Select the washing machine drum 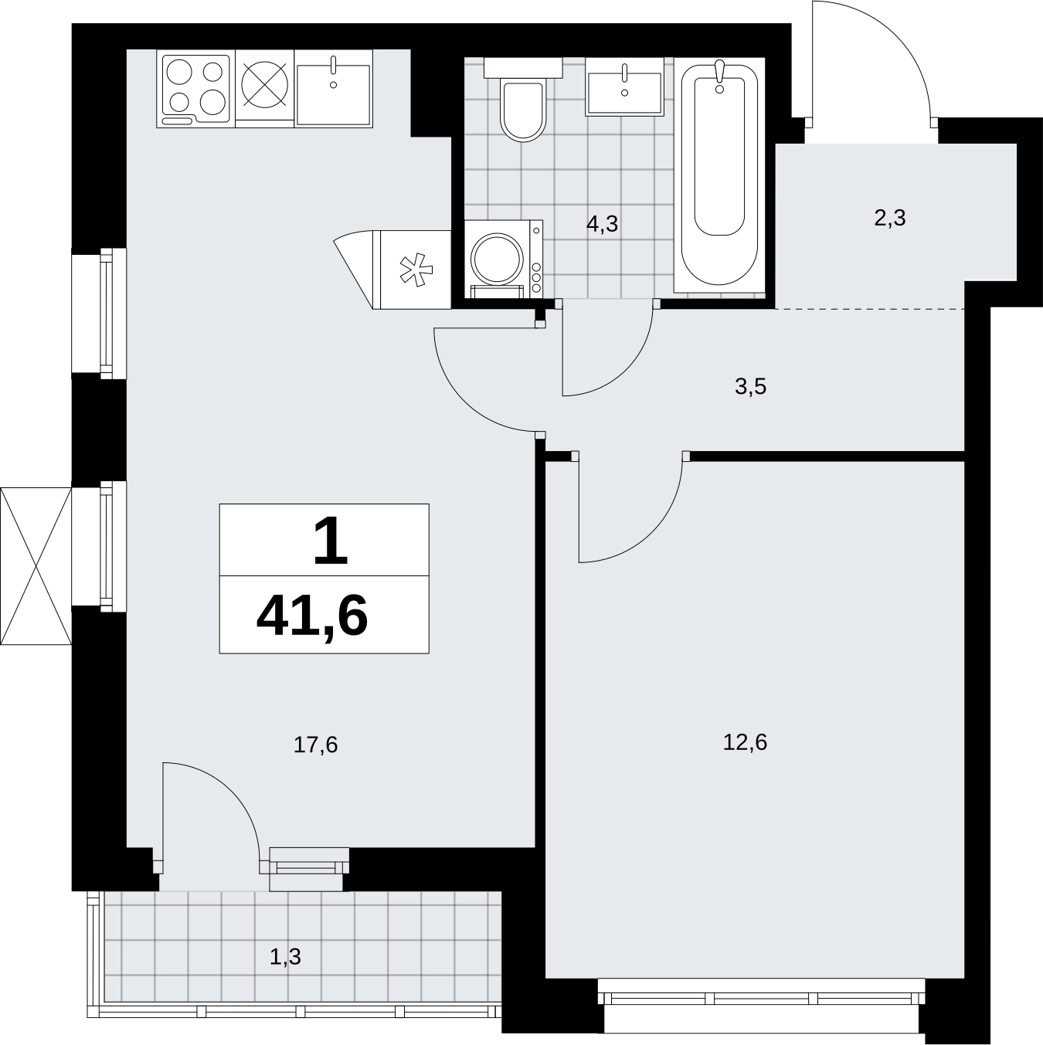pyautogui.click(x=497, y=259)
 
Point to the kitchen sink pyautogui.click(x=333, y=89)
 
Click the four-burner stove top pyautogui.click(x=196, y=89)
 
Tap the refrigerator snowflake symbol pyautogui.click(x=416, y=271)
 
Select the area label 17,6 pyautogui.click(x=315, y=745)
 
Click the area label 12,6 pyautogui.click(x=745, y=742)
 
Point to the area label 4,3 pyautogui.click(x=603, y=223)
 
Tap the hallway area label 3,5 pyautogui.click(x=750, y=387)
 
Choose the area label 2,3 pyautogui.click(x=890, y=218)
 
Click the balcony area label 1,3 pyautogui.click(x=285, y=957)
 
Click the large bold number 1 pyautogui.click(x=330, y=540)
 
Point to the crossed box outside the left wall pyautogui.click(x=36, y=566)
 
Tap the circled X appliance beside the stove pyautogui.click(x=264, y=84)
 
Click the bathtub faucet pyautogui.click(x=719, y=76)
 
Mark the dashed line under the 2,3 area pyautogui.click(x=869, y=309)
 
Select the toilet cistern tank pyautogui.click(x=522, y=68)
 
